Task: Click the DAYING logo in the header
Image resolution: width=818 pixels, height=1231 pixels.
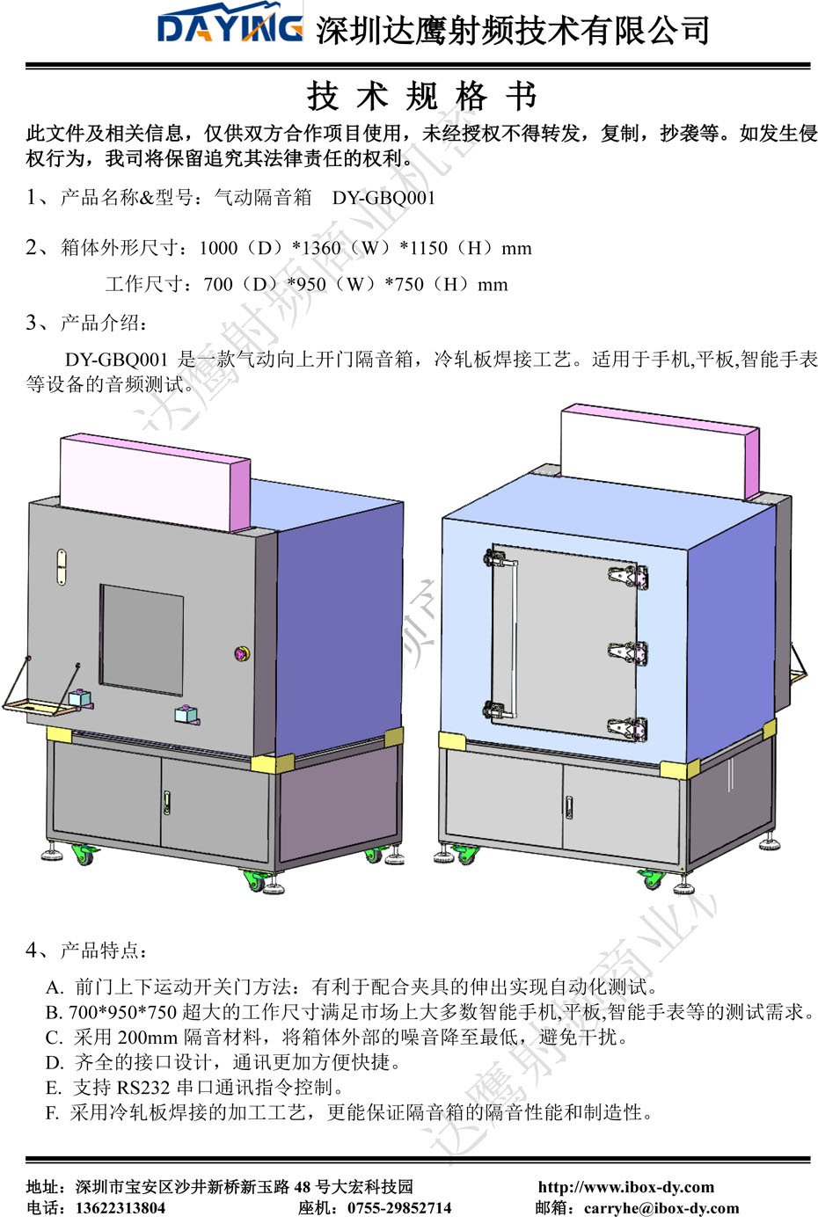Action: pyautogui.click(x=230, y=28)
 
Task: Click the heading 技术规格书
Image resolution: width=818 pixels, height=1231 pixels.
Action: pyautogui.click(x=421, y=96)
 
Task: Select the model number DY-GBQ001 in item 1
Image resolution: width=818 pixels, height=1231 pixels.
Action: pyautogui.click(x=383, y=198)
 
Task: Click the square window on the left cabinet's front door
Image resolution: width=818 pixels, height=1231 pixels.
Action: pyautogui.click(x=142, y=639)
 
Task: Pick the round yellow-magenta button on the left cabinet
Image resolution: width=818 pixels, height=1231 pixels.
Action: pyautogui.click(x=242, y=653)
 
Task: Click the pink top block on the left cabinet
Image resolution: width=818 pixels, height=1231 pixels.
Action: pyautogui.click(x=154, y=481)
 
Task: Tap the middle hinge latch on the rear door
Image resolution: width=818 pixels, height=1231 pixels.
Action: pyautogui.click(x=629, y=652)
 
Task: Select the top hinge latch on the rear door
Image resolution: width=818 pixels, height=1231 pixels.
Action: pyautogui.click(x=629, y=577)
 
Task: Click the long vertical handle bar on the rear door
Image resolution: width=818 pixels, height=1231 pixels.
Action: pyautogui.click(x=510, y=633)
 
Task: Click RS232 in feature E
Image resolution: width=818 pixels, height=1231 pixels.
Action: pyautogui.click(x=143, y=1088)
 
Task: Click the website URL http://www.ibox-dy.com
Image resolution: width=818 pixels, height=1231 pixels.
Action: pyautogui.click(x=625, y=1187)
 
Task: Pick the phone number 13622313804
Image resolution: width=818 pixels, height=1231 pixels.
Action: pyautogui.click(x=121, y=1208)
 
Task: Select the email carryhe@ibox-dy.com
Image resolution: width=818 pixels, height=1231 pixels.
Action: pyautogui.click(x=661, y=1208)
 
